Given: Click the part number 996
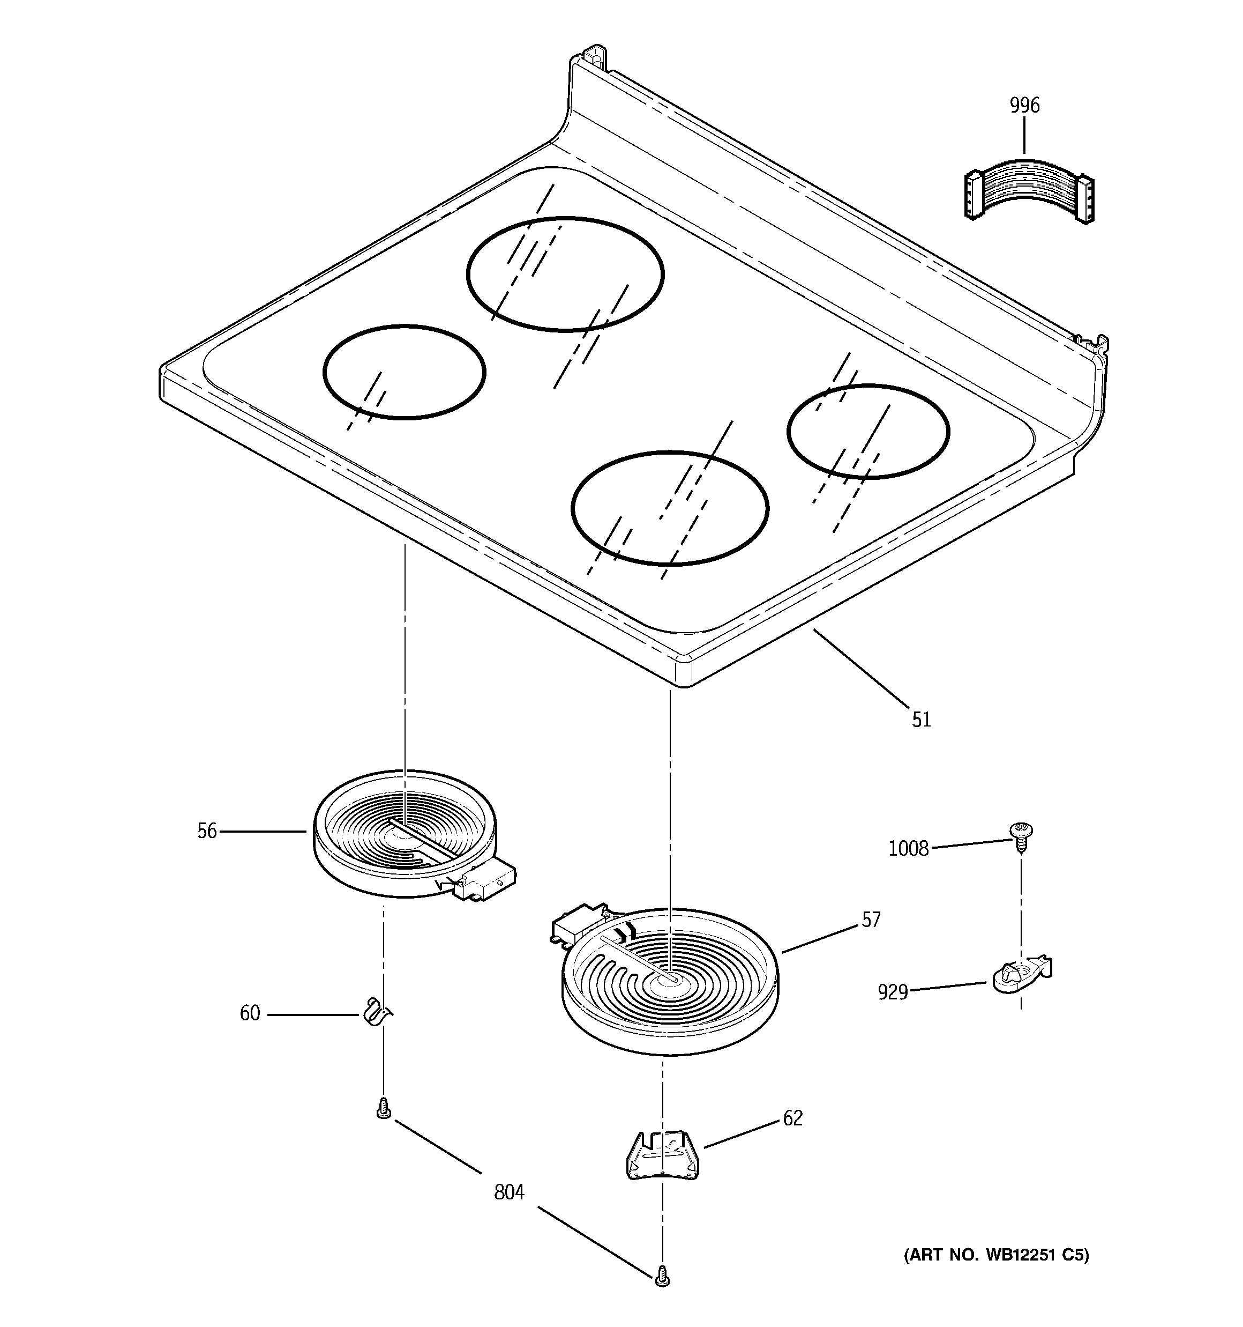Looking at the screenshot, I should (1024, 106).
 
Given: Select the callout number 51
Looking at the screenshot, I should (922, 720).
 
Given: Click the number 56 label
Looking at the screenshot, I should (207, 831).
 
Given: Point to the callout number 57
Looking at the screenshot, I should (871, 920).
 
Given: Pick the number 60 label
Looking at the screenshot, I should (250, 1013).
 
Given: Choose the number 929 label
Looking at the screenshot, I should (893, 992).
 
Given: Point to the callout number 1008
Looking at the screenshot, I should (909, 848).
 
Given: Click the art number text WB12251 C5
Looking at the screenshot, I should (995, 1256).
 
